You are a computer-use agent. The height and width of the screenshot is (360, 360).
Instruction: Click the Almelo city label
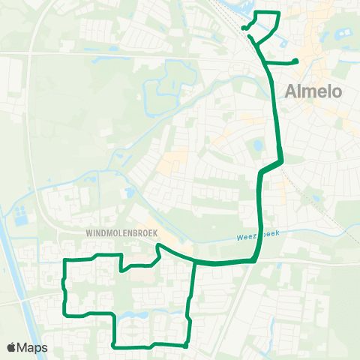314,92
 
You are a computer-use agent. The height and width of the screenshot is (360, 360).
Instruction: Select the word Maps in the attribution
34,347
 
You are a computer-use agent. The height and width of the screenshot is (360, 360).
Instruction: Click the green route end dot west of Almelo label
296,61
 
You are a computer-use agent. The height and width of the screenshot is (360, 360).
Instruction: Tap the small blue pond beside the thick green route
259,145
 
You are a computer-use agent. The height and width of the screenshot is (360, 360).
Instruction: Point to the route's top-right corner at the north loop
279,13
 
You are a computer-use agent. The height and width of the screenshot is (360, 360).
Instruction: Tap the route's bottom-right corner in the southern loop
186,346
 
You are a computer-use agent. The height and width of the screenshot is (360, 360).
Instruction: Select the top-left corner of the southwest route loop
66,260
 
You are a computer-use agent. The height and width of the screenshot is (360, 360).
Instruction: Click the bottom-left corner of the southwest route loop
66,313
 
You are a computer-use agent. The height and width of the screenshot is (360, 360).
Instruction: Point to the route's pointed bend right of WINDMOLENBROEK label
157,244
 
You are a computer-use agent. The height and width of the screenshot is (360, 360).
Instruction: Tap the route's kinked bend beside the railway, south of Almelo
280,160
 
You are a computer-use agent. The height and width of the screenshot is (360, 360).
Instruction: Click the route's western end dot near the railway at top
244,28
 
